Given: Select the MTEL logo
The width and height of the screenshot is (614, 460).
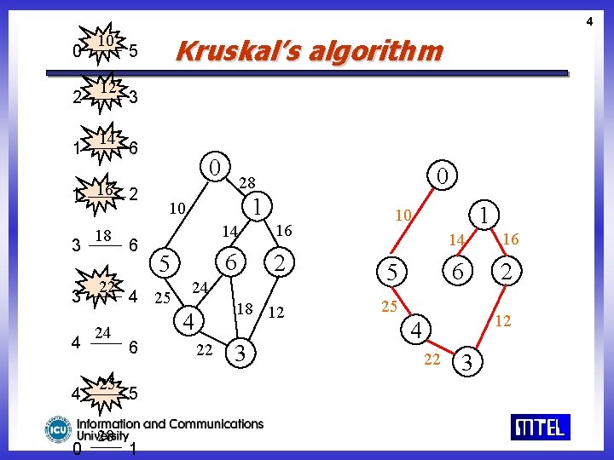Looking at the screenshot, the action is click(x=540, y=426).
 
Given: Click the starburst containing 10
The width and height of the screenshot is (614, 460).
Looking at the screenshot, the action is click(x=106, y=46).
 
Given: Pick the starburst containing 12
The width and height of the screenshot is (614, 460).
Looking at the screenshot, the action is click(x=106, y=92).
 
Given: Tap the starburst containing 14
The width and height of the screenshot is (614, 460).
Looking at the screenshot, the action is click(x=106, y=141).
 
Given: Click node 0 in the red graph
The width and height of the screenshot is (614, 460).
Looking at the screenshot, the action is click(x=443, y=177).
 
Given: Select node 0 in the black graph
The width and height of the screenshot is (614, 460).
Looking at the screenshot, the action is click(x=217, y=164).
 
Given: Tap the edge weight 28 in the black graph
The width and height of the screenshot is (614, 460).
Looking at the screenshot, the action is click(x=246, y=182).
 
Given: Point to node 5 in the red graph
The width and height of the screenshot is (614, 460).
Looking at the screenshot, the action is click(x=392, y=273).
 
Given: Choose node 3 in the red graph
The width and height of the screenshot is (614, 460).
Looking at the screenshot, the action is click(x=466, y=364).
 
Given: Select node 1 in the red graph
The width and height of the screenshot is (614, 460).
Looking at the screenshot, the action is click(x=484, y=216).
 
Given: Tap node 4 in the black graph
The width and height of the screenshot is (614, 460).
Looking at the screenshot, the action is click(x=189, y=322).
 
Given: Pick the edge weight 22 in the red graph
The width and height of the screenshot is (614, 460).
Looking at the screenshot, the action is click(x=432, y=359).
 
